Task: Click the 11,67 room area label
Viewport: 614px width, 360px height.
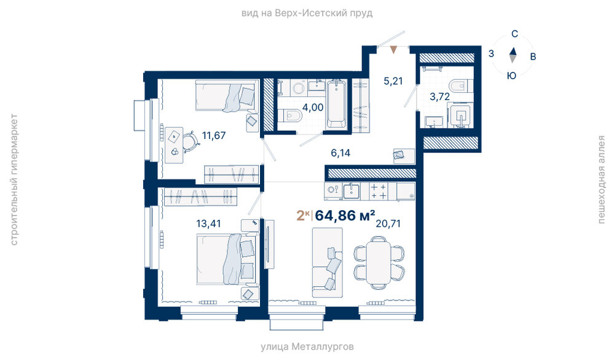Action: tap(214, 136)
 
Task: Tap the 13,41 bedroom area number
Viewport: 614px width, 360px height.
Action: tap(208, 224)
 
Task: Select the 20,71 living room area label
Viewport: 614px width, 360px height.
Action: tap(388, 224)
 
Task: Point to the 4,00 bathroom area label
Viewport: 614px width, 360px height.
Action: tap(313, 108)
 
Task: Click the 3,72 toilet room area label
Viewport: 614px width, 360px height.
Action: tap(439, 96)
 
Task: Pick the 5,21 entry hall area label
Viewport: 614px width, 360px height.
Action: tap(393, 81)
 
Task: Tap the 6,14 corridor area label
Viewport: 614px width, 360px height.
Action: tap(340, 153)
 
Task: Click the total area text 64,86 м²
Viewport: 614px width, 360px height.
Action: tap(345, 215)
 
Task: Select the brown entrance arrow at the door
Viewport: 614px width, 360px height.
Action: tap(393, 50)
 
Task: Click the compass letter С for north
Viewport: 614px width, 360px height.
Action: tap(514, 34)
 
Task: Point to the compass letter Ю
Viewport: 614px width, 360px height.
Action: tap(511, 76)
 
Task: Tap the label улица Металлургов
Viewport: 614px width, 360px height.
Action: tap(307, 346)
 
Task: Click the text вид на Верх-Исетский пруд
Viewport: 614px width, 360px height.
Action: tap(307, 14)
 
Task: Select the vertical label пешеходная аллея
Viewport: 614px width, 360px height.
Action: tap(602, 179)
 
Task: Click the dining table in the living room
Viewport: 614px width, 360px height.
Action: tap(379, 262)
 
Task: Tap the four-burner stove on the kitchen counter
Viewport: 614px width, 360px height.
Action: tap(379, 191)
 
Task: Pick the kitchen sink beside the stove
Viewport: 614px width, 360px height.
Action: tap(352, 191)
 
